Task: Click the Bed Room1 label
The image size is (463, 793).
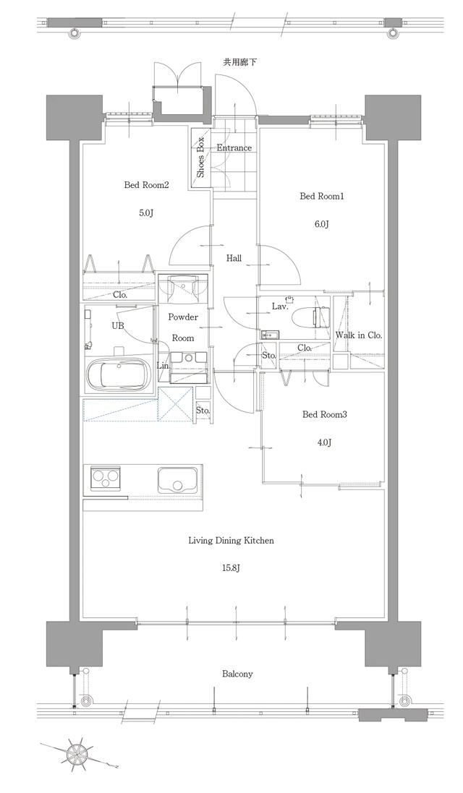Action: pos(322,196)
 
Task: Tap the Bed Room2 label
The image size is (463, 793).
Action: pos(146,185)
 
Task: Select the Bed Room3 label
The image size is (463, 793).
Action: pos(325,414)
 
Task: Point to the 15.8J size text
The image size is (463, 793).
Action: pos(231,568)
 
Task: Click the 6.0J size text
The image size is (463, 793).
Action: pos(322,224)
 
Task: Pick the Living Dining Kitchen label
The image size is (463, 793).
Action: pos(231,540)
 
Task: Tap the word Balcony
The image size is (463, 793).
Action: pos(237,674)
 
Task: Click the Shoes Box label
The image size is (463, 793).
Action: pos(200,158)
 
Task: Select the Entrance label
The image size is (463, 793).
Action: pos(234,148)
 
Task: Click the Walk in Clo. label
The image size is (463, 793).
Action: pos(358,335)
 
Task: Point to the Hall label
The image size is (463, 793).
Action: pos(234,258)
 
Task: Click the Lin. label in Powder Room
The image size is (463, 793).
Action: pos(163,366)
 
